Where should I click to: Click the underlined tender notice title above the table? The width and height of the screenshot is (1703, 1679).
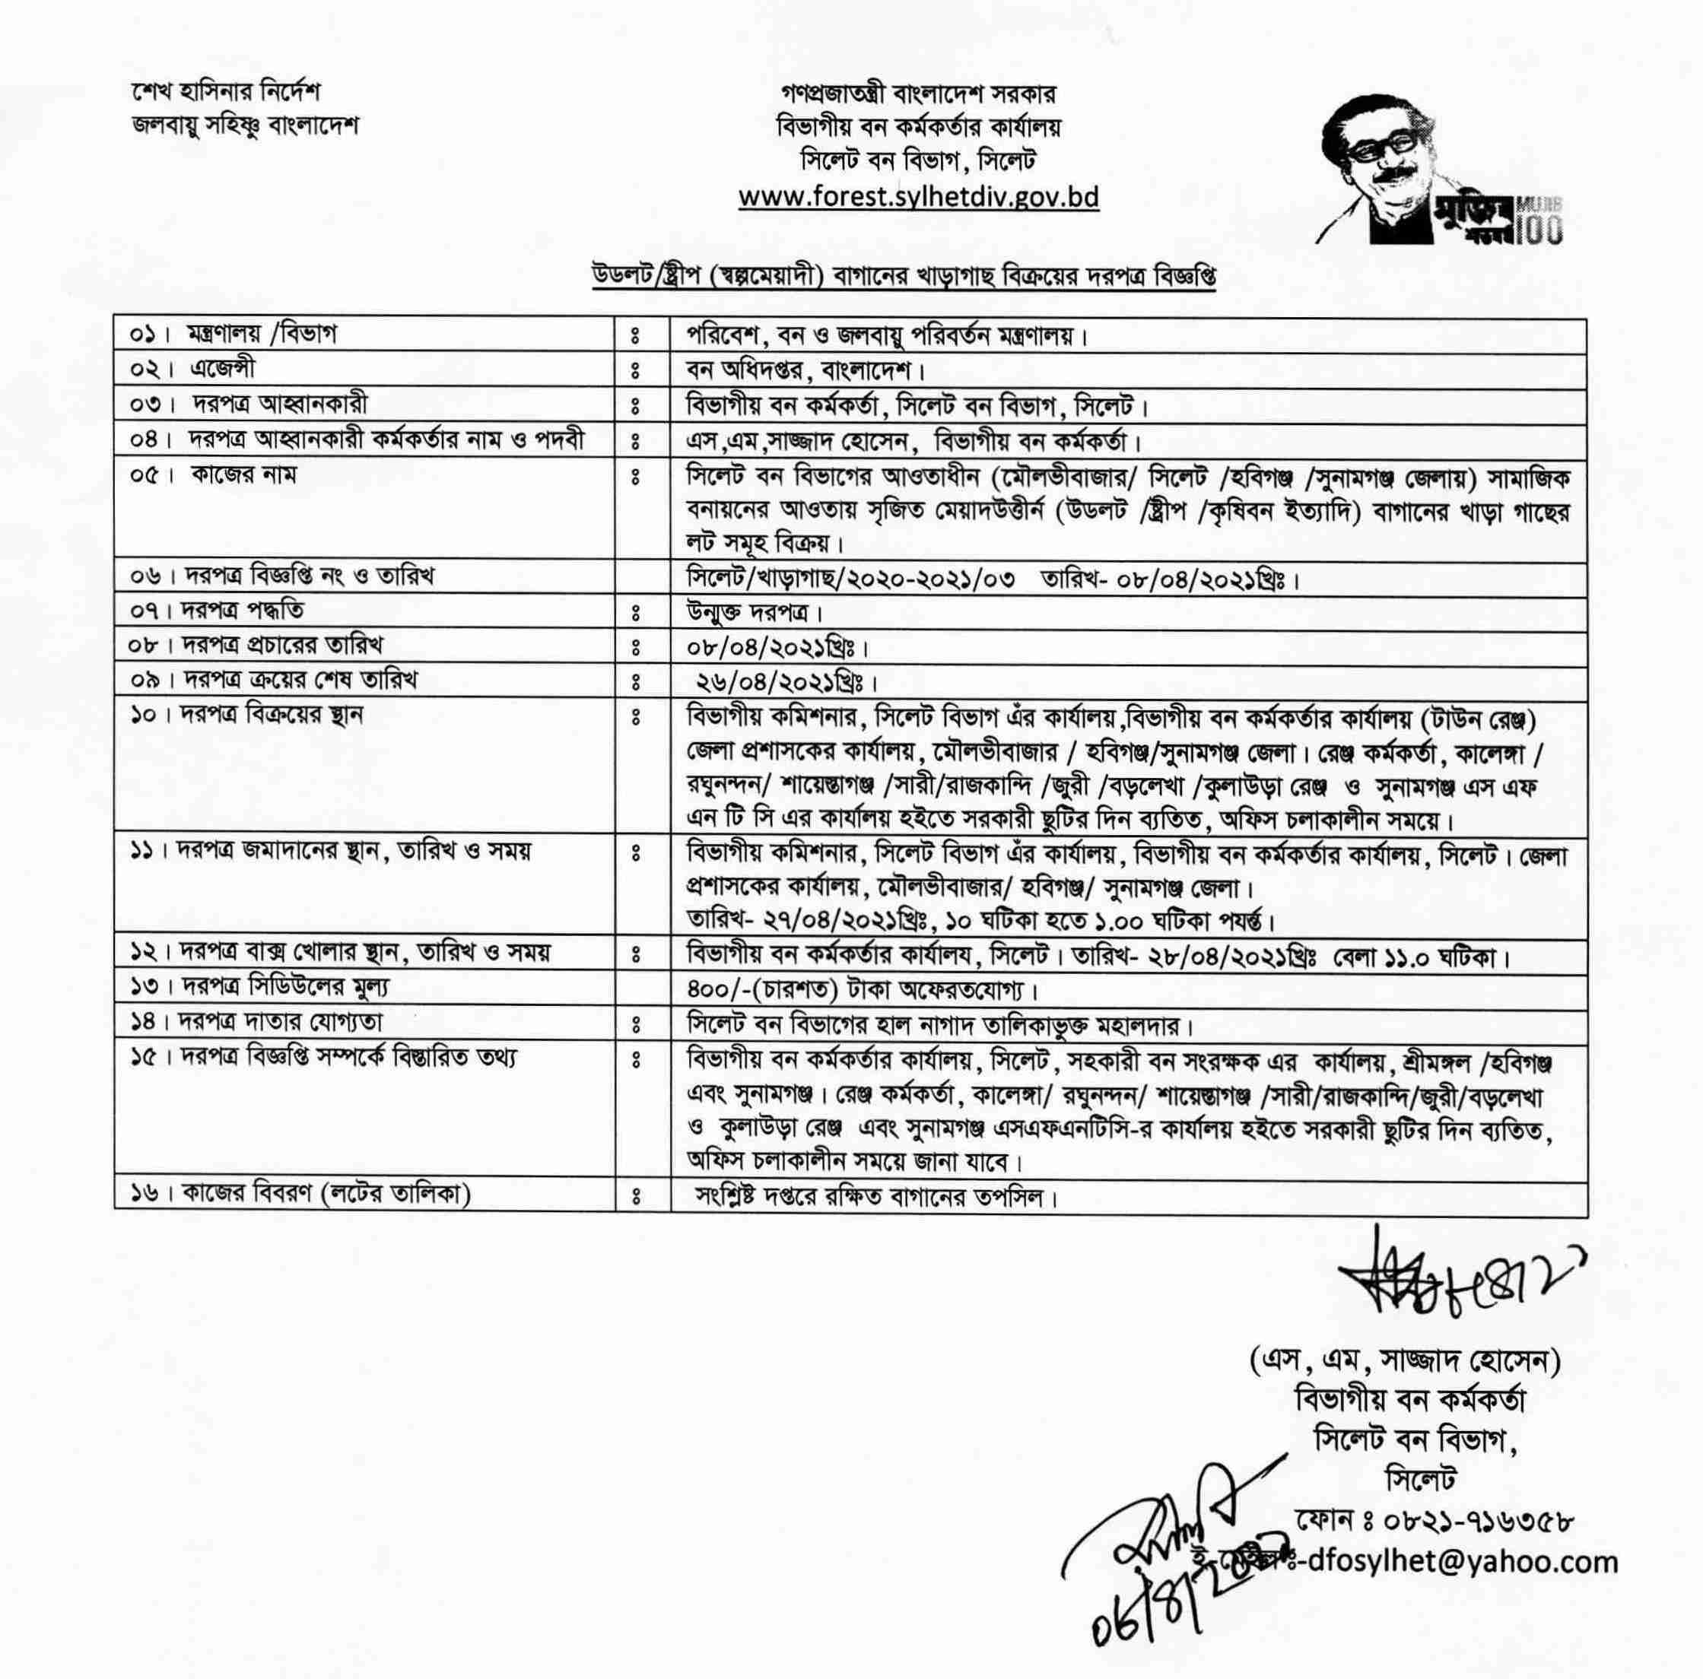(903, 276)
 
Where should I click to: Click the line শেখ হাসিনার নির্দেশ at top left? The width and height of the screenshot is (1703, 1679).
(225, 93)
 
